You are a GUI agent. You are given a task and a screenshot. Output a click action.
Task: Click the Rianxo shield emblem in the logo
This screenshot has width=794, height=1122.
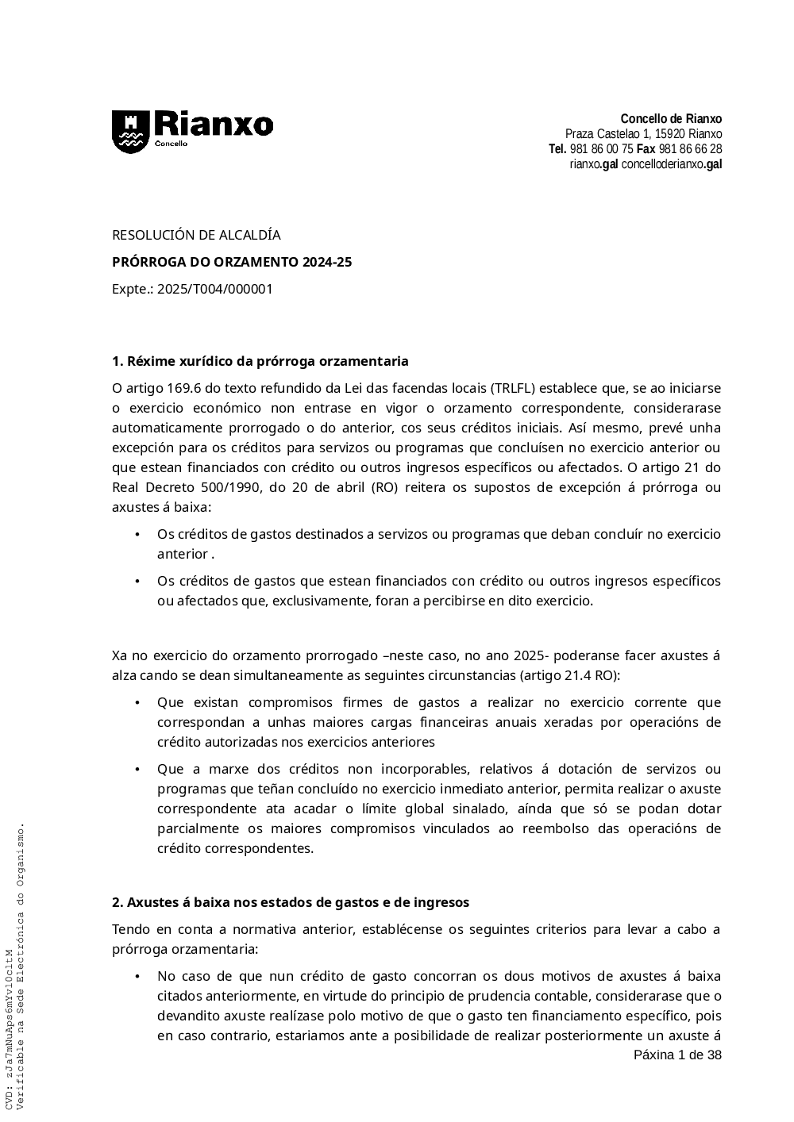point(129,131)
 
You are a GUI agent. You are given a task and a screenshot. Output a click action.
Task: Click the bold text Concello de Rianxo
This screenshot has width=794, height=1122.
point(671,119)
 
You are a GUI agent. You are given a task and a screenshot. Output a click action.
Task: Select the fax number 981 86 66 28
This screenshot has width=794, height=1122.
point(690,149)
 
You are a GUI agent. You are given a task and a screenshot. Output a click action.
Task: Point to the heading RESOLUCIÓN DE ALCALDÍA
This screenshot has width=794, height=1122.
point(196,235)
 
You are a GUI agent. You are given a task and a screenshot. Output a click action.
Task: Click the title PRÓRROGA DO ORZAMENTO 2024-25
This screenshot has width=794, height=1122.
point(232,262)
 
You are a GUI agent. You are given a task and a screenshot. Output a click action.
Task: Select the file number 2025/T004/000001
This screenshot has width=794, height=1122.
point(214,289)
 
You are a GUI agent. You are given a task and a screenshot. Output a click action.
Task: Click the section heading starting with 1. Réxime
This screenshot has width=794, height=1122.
point(260,361)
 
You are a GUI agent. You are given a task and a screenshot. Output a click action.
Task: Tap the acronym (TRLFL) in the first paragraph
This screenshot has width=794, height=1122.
point(513,388)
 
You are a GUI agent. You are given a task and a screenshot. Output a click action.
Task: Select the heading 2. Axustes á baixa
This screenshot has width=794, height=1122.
point(291,902)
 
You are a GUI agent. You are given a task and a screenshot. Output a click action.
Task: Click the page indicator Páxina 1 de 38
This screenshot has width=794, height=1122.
point(677,1055)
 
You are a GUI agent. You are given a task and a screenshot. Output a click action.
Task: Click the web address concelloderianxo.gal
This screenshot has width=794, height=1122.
point(671,164)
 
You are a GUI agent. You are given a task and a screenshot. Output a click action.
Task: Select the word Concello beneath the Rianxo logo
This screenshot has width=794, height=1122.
point(171,144)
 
